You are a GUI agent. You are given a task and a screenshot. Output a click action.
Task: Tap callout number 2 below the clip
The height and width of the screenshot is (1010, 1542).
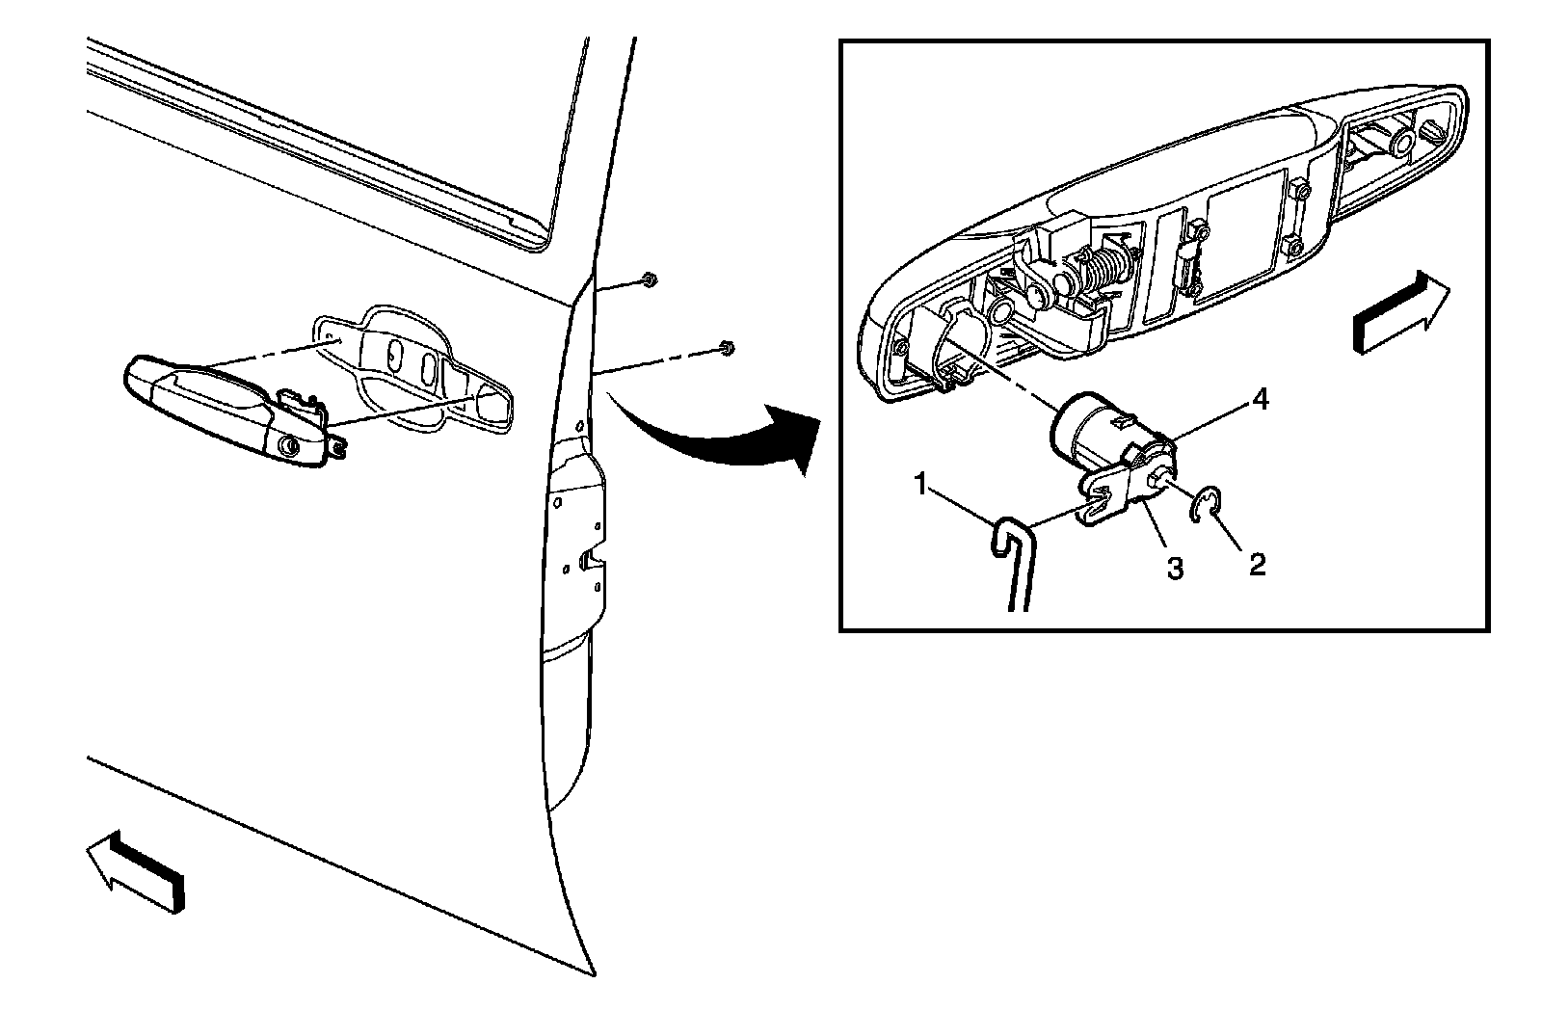point(1256,563)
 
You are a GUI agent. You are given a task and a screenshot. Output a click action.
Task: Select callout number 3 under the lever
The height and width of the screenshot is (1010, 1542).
point(1174,569)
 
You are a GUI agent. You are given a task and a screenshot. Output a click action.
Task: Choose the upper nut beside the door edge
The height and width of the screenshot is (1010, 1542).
point(649,279)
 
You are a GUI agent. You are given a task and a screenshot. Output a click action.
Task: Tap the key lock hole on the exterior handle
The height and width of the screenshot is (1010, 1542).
point(287,445)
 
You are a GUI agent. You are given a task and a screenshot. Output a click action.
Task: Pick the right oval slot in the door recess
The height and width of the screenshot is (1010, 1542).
point(428,365)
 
